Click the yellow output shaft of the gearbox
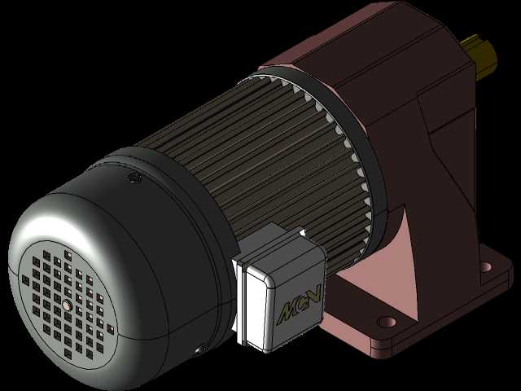[479, 56]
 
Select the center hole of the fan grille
[68, 305]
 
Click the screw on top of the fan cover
[134, 178]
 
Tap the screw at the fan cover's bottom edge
[202, 350]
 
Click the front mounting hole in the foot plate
[387, 322]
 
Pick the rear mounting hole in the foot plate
[486, 266]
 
